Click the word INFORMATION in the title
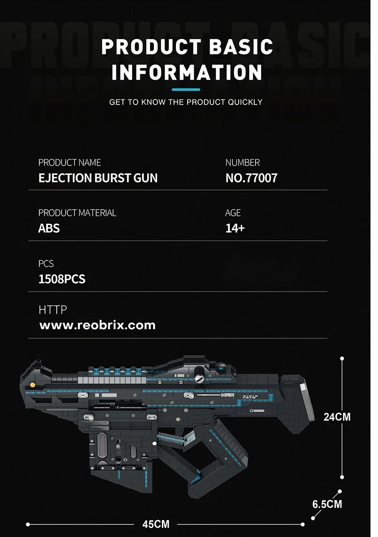pos(187,73)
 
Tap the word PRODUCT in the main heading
pos(151,47)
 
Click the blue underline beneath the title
pos(186,89)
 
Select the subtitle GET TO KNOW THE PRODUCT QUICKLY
pos(186,102)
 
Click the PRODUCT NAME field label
pos(69,163)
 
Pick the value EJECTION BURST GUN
pos(98,178)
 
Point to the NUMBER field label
pos(242,163)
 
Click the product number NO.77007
pos(251,178)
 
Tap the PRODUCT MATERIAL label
pos(77,213)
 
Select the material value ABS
pos(49,229)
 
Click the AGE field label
pos(233,213)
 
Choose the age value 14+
pos(235,229)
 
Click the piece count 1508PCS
pos(62,280)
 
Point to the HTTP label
pos(53,310)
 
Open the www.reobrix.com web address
pos(97,325)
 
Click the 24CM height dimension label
pos(337,416)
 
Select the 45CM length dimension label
pos(156,524)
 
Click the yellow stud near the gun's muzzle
pos(32,385)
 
